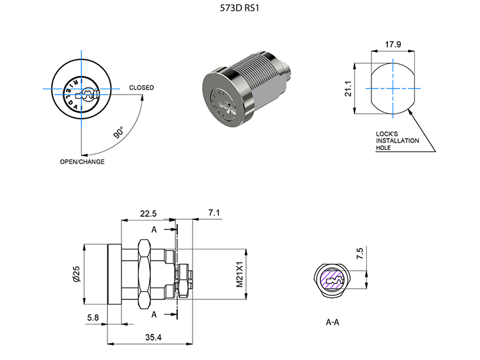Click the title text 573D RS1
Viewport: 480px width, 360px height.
239,9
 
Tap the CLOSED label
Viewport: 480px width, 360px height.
141,88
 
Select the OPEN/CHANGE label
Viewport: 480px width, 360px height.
82,162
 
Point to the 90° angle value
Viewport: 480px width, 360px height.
119,132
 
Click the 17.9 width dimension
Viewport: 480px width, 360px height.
393,45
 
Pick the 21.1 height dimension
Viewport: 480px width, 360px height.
347,89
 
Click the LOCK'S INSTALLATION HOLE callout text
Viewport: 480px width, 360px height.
397,141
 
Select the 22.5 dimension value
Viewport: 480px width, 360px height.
148,213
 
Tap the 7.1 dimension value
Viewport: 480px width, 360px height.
214,213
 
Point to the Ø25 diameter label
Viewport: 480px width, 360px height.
77,274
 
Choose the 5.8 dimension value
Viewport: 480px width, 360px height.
93,319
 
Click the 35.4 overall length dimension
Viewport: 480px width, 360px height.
153,338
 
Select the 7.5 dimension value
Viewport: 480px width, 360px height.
360,253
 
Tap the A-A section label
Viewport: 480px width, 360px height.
333,322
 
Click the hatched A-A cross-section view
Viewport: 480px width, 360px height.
332,281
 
